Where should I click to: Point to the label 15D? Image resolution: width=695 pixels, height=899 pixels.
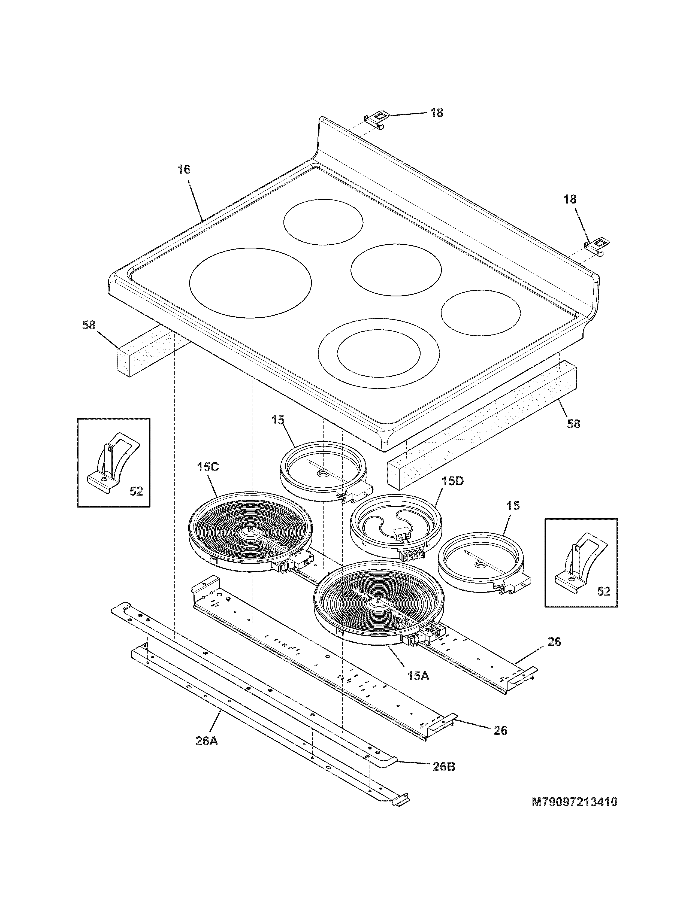coord(453,481)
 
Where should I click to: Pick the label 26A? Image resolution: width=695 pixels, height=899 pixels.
coord(207,741)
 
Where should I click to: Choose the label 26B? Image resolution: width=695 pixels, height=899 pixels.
coord(444,767)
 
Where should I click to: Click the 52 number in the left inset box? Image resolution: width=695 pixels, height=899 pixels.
coord(136,491)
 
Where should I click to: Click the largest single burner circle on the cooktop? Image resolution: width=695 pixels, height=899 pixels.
coord(250,283)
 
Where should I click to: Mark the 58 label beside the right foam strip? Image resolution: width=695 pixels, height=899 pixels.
coord(573,424)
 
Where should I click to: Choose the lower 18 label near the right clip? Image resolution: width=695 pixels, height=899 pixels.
coord(570,200)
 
